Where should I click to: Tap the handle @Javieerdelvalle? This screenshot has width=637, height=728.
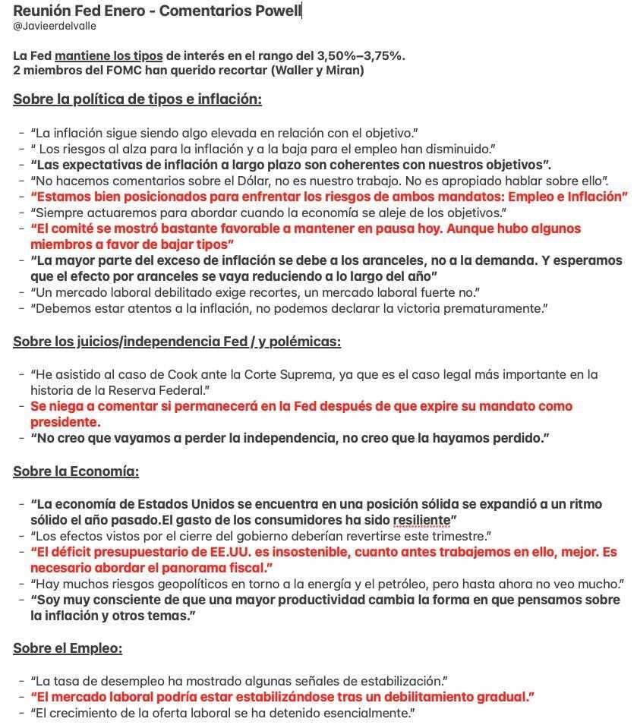[x=55, y=26]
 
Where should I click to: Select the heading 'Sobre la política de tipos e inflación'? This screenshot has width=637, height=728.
[x=137, y=99]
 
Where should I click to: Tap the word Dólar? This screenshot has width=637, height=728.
[x=280, y=181]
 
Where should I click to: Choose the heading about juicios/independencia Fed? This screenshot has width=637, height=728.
[x=177, y=341]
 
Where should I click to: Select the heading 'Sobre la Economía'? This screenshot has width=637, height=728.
[x=76, y=471]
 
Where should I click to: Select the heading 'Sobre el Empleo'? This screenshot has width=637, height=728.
[x=68, y=648]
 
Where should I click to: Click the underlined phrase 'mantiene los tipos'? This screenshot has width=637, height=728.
[x=109, y=55]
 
